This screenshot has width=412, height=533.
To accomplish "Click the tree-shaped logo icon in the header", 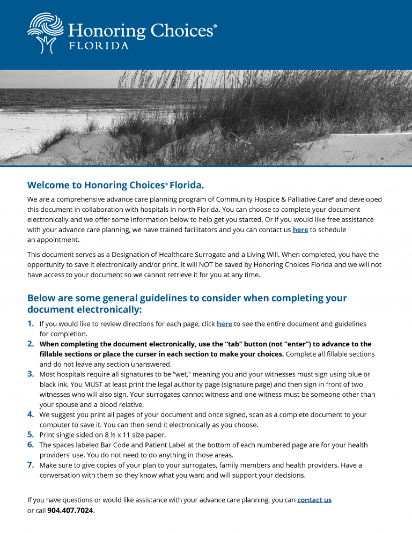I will tap(45, 33).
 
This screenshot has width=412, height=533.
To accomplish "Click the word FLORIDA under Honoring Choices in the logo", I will tap(99, 46).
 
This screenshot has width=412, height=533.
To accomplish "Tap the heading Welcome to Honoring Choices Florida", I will tap(115, 186).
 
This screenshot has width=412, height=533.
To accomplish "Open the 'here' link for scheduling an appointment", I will tap(300, 230).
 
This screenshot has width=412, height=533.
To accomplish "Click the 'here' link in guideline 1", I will tap(224, 324).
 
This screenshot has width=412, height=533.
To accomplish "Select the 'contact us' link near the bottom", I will tap(314, 500).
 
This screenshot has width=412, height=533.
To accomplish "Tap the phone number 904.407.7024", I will tap(70, 510).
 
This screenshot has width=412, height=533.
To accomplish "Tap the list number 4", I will tap(31, 414).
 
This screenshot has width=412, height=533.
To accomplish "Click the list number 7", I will tap(31, 465).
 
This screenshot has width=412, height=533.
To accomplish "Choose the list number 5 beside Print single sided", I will tap(31, 435).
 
